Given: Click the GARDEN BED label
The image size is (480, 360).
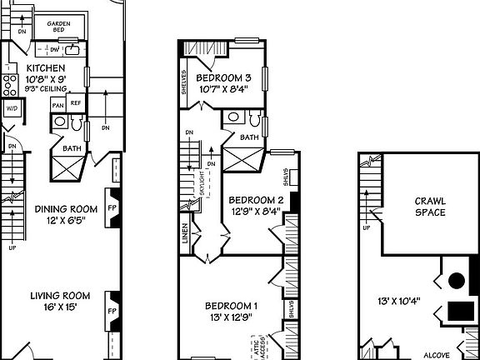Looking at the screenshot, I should [58, 27].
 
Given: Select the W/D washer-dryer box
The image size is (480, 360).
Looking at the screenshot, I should [12, 108].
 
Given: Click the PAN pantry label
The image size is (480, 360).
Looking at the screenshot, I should [58, 105].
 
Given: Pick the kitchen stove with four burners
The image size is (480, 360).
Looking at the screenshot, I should [11, 83].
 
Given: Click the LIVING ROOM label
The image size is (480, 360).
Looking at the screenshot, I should [60, 296].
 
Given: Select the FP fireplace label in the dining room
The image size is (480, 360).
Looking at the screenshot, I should [112, 209].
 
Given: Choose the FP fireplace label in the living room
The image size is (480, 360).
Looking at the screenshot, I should [112, 310].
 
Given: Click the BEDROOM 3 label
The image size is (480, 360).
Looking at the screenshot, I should [223, 78].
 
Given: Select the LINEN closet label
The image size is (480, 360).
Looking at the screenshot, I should [185, 237].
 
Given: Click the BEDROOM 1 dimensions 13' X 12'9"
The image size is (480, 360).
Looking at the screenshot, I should [232, 317].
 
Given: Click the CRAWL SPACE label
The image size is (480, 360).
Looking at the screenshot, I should [430, 207].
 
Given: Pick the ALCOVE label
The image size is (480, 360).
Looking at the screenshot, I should [436, 352].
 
